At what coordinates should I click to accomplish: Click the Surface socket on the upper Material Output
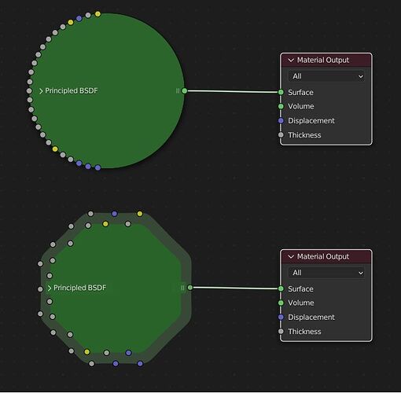pyautogui.click(x=281, y=92)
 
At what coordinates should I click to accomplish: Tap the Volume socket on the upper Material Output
pyautogui.click(x=281, y=106)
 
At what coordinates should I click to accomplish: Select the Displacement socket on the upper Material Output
pyautogui.click(x=281, y=120)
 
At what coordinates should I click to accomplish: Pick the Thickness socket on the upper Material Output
pyautogui.click(x=281, y=135)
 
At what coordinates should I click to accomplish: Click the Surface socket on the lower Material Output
pyautogui.click(x=281, y=288)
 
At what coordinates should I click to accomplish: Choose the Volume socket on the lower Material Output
pyautogui.click(x=281, y=303)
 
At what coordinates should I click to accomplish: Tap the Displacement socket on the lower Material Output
pyautogui.click(x=281, y=317)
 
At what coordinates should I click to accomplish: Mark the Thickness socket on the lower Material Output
pyautogui.click(x=281, y=331)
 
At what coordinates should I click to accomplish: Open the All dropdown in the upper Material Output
pyautogui.click(x=326, y=76)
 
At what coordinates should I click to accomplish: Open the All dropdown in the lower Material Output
pyautogui.click(x=326, y=273)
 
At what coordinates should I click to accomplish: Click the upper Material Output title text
pyautogui.click(x=323, y=60)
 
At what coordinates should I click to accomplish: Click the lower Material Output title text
pyautogui.click(x=323, y=256)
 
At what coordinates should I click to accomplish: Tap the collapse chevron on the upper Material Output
pyautogui.click(x=291, y=61)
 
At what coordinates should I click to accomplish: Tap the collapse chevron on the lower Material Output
pyautogui.click(x=291, y=257)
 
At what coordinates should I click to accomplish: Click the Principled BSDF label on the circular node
pyautogui.click(x=72, y=90)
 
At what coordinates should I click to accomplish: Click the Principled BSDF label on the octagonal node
pyautogui.click(x=79, y=288)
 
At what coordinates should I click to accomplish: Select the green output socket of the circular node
pyautogui.click(x=185, y=90)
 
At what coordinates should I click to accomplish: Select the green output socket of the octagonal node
pyautogui.click(x=190, y=288)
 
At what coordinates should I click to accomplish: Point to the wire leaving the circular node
pyautogui.click(x=233, y=91)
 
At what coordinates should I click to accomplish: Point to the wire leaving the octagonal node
pyautogui.click(x=235, y=288)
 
